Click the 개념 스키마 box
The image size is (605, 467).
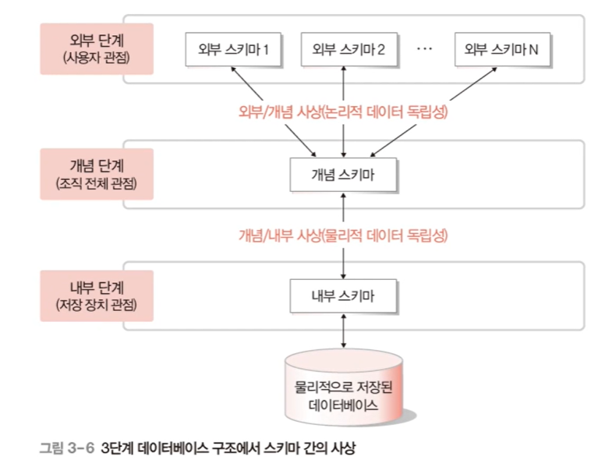pyautogui.click(x=343, y=175)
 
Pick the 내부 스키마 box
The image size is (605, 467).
pyautogui.click(x=343, y=296)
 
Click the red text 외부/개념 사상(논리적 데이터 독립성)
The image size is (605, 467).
pyautogui.click(x=343, y=111)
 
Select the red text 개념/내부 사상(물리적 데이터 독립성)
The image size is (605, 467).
pyautogui.click(x=343, y=234)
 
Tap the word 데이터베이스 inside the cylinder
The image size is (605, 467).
pyautogui.click(x=343, y=405)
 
